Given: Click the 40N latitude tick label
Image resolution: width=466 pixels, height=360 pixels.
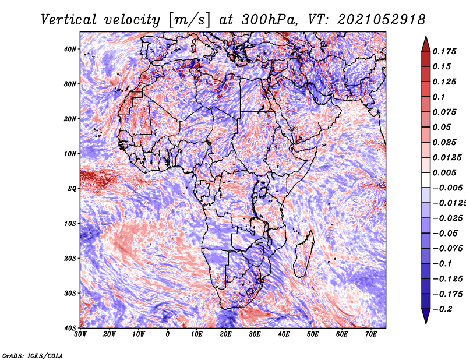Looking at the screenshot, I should (x=70, y=49).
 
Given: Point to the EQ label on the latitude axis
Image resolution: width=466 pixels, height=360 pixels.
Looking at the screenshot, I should (x=72, y=189).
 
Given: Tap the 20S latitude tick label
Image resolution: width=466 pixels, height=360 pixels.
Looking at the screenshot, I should (x=70, y=258).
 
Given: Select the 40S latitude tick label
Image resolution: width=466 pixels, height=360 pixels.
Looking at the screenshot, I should (x=70, y=328).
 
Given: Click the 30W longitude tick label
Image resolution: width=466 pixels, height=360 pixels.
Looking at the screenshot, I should (x=81, y=334).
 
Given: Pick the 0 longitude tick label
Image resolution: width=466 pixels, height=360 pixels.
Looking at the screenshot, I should (x=168, y=334).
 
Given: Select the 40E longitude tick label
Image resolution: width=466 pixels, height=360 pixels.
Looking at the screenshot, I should (x=284, y=334).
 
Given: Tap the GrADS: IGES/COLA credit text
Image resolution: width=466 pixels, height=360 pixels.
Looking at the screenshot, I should (x=32, y=355).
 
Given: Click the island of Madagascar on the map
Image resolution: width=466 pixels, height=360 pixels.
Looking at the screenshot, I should (x=303, y=253).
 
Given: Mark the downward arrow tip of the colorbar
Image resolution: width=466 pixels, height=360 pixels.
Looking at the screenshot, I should (x=425, y=321).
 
